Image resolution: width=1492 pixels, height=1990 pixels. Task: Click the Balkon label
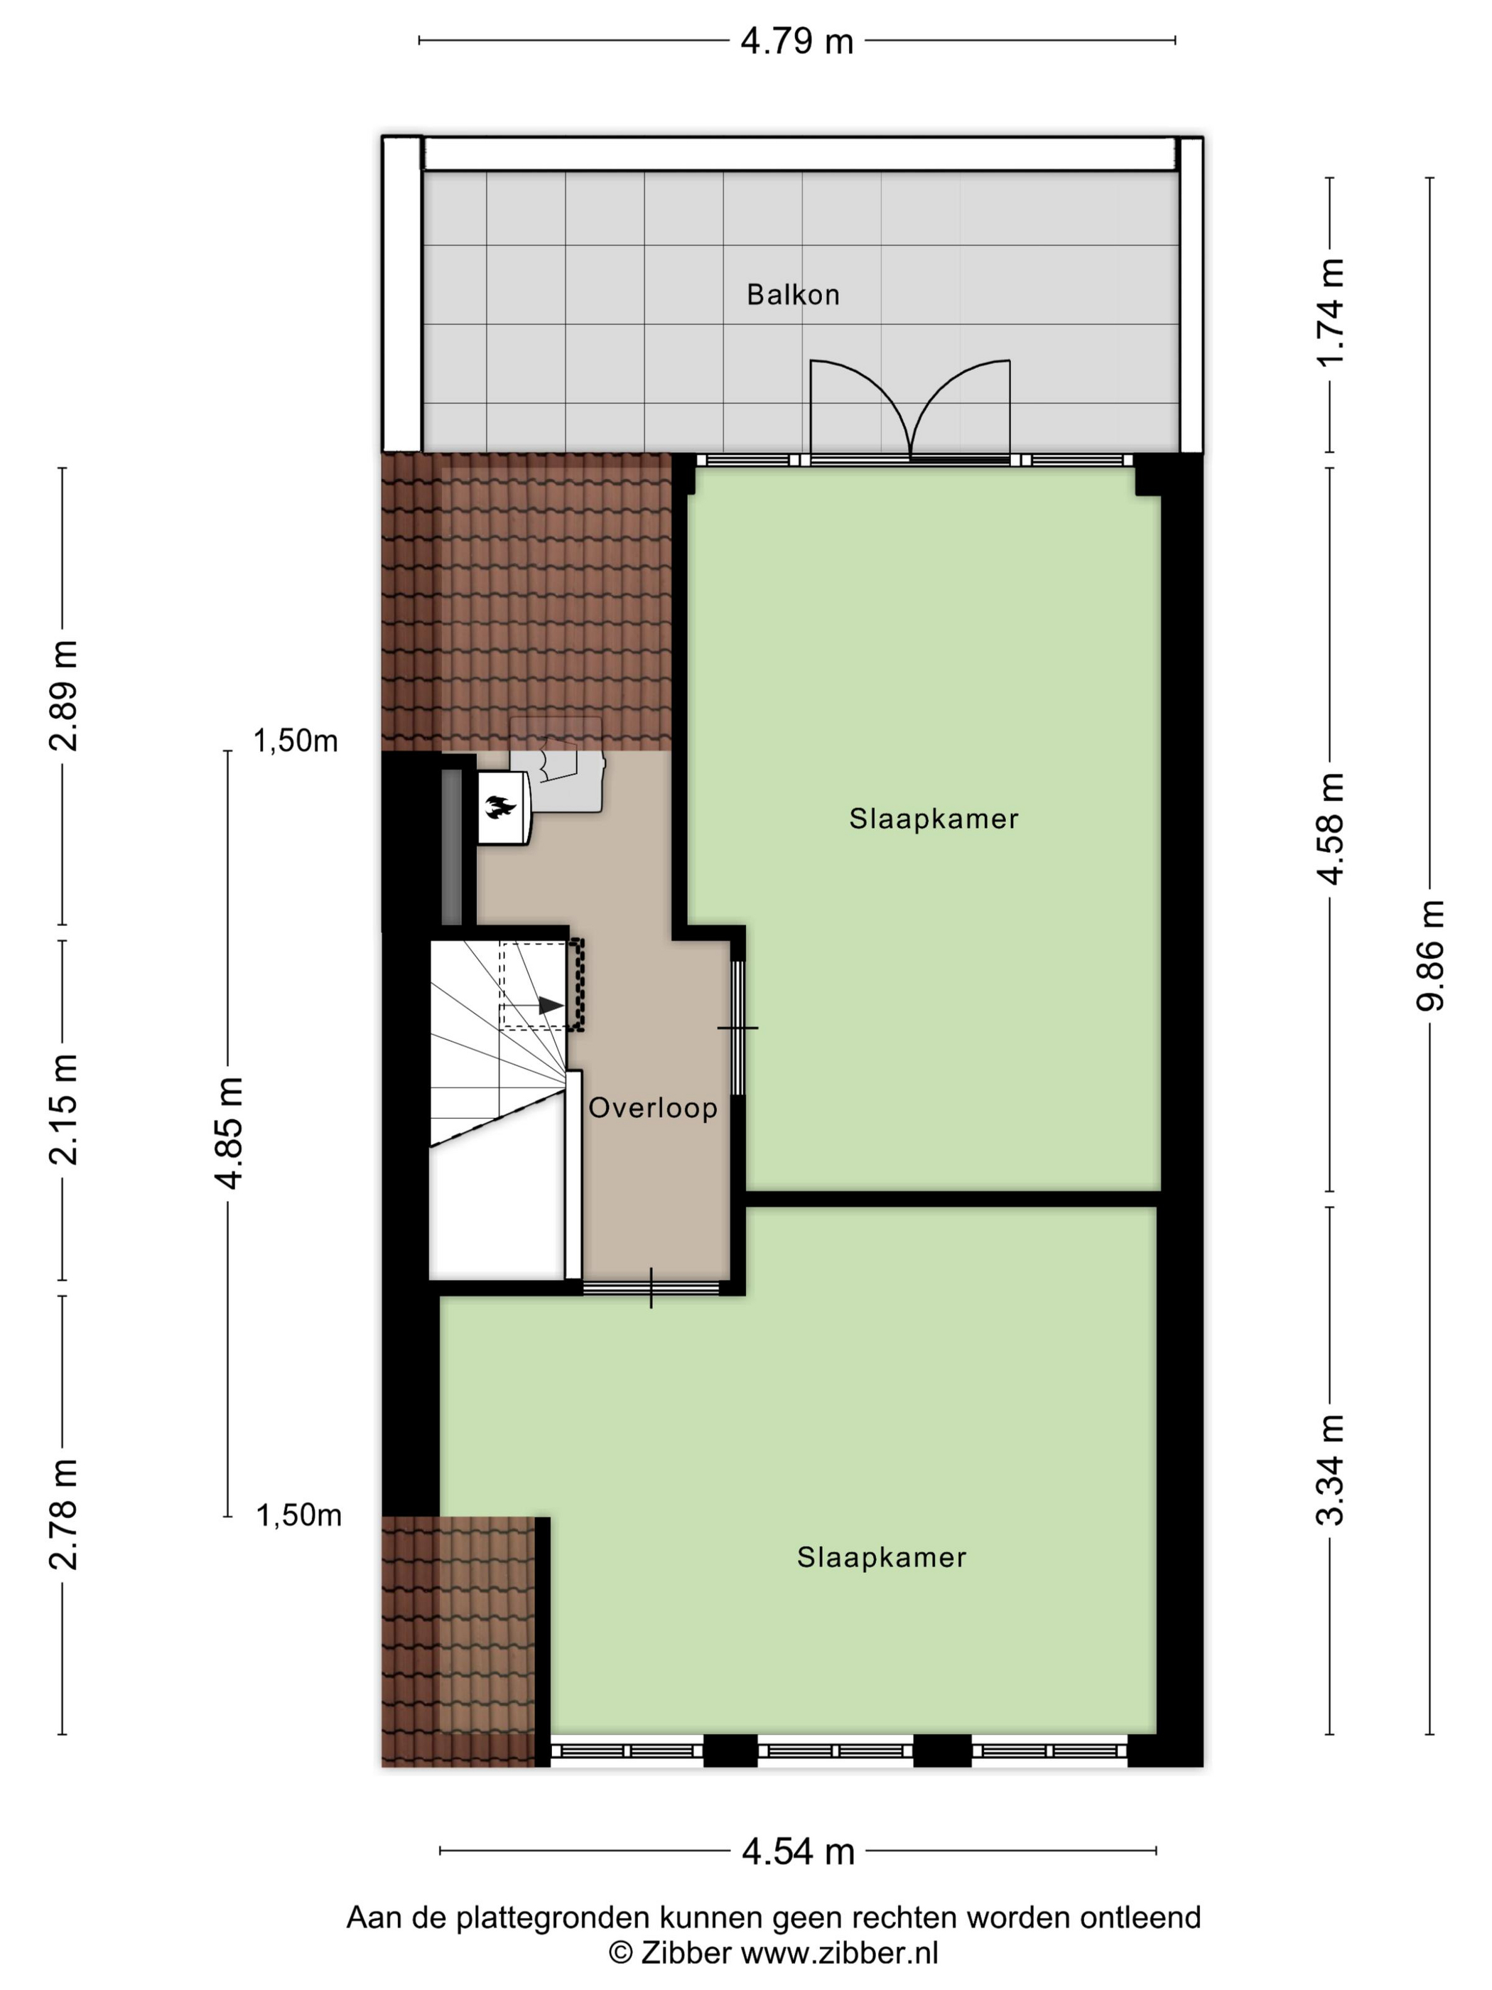(x=792, y=294)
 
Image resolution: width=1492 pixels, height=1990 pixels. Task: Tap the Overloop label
(x=653, y=1107)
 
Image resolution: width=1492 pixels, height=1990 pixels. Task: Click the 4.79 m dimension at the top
(x=797, y=41)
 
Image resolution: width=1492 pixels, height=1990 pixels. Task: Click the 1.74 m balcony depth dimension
(x=1329, y=311)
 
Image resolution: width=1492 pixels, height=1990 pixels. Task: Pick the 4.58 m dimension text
(x=1329, y=829)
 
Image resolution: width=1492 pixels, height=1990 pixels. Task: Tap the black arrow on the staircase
(x=551, y=1005)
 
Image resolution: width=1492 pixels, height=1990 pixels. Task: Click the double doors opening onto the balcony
(x=910, y=410)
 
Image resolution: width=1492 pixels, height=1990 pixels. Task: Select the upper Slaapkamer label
(x=934, y=819)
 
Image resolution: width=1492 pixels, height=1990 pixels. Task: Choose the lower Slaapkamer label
(x=882, y=1557)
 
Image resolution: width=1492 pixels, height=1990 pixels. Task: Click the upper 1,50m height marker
(x=296, y=741)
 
